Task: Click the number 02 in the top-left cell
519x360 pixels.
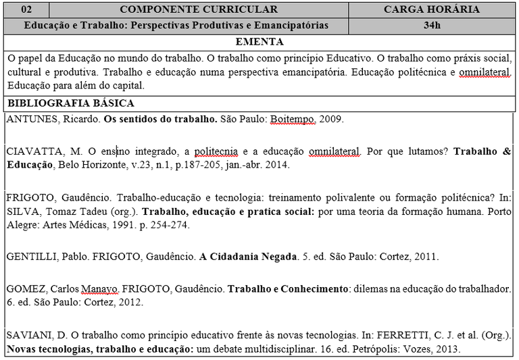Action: (26, 9)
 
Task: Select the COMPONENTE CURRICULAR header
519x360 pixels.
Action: (198, 9)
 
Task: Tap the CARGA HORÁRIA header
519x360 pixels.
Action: (432, 9)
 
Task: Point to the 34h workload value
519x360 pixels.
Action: (432, 26)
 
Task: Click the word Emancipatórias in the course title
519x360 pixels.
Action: (296, 26)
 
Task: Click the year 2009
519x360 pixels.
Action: (332, 120)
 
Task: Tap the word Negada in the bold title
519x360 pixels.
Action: (279, 257)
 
